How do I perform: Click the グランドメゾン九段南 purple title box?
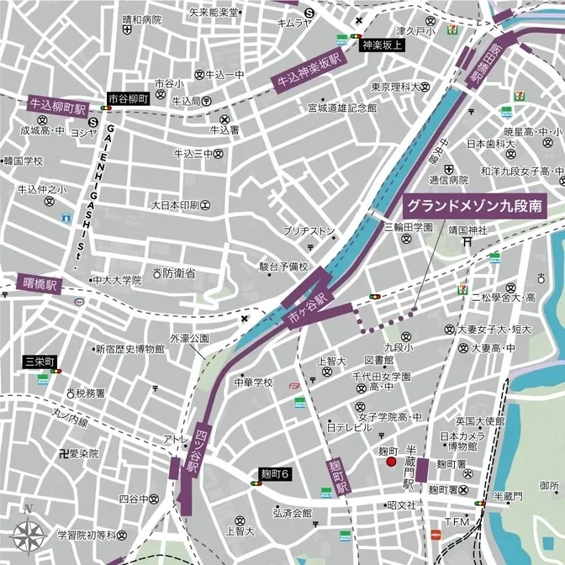click(474, 205)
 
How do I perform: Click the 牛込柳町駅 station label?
click(58, 104)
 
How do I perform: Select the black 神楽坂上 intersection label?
click(383, 46)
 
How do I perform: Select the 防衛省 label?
click(179, 273)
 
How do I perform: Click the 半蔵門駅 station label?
click(409, 467)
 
